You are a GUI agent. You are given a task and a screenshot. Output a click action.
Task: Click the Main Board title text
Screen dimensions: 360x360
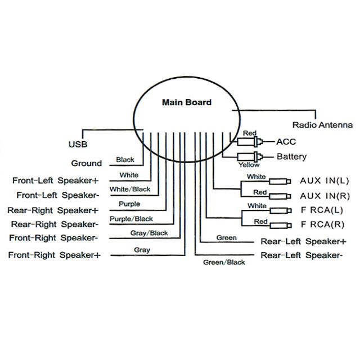[x=187, y=102]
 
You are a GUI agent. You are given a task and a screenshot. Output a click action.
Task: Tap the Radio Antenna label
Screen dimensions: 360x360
[x=322, y=125]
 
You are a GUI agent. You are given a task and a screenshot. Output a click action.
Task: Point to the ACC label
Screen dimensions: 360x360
[x=286, y=142]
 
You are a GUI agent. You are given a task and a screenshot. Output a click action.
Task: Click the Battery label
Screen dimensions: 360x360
[x=291, y=156]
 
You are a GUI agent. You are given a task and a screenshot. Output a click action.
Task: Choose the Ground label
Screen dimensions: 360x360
[x=87, y=164]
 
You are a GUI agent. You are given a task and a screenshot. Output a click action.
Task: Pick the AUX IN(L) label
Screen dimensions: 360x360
[x=324, y=181]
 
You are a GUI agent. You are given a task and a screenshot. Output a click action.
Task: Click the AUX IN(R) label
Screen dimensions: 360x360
[x=324, y=196]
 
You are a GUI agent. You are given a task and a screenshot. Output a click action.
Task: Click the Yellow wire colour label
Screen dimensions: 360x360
[x=249, y=165]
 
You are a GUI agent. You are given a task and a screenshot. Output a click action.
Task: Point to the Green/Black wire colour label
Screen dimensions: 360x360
[x=224, y=262]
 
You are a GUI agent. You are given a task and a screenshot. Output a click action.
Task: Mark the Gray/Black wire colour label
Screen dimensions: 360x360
[x=150, y=233]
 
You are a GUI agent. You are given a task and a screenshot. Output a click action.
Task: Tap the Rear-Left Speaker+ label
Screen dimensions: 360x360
[x=303, y=241]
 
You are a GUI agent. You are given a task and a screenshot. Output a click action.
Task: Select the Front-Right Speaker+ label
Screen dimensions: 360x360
[x=54, y=255]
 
